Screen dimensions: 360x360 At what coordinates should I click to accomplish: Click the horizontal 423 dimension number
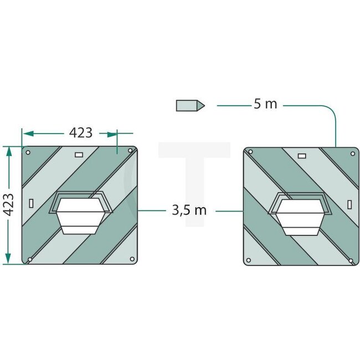[x=81, y=133]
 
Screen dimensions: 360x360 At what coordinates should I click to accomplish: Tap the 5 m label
[x=265, y=104]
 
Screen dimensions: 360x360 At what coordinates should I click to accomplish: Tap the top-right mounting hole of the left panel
[x=131, y=150]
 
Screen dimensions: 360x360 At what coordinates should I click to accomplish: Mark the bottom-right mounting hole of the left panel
[x=131, y=259]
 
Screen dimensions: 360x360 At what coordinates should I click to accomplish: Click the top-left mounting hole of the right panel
[x=250, y=152]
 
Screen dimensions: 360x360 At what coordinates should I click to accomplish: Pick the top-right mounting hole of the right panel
[x=352, y=151]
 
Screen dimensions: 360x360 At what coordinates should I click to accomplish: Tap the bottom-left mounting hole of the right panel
[x=249, y=260]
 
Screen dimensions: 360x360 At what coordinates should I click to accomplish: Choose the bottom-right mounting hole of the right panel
[x=352, y=259]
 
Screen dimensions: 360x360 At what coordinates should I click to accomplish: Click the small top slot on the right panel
[x=301, y=156]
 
